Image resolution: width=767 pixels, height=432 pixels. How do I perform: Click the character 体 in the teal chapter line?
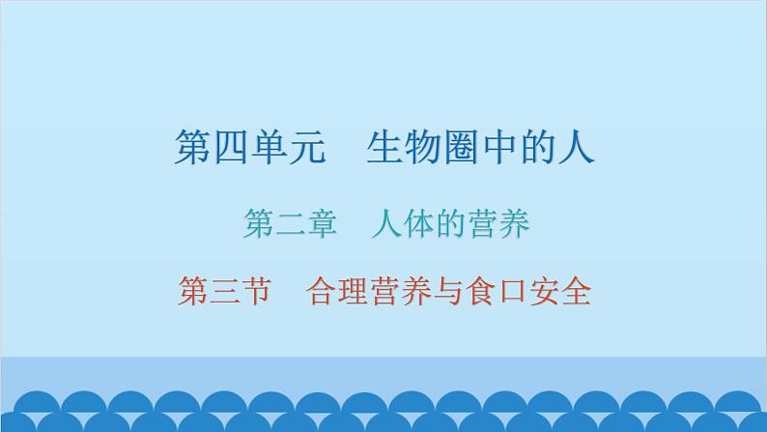[415, 224]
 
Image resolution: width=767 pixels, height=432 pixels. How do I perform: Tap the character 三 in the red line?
[224, 290]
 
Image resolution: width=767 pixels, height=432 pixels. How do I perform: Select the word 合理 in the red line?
[334, 290]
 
